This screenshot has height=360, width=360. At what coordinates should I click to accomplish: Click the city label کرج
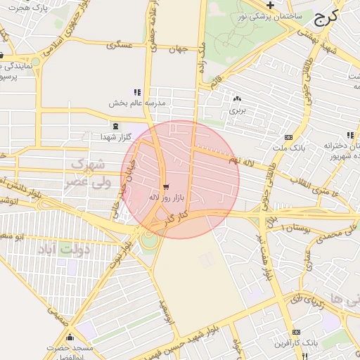(x=326, y=17)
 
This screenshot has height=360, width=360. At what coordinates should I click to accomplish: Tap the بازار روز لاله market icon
(x=166, y=187)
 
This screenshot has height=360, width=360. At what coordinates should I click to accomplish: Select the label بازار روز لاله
(x=166, y=198)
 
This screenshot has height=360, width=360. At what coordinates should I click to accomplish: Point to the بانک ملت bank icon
(x=288, y=137)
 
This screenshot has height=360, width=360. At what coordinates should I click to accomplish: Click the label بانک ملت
(x=288, y=148)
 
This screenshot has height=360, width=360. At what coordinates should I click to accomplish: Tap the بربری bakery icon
(x=236, y=99)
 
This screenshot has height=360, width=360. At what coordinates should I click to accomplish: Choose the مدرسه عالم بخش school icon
(x=138, y=92)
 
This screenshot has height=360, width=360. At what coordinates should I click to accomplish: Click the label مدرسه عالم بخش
(x=136, y=103)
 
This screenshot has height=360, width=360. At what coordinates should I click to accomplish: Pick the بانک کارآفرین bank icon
(x=294, y=332)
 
